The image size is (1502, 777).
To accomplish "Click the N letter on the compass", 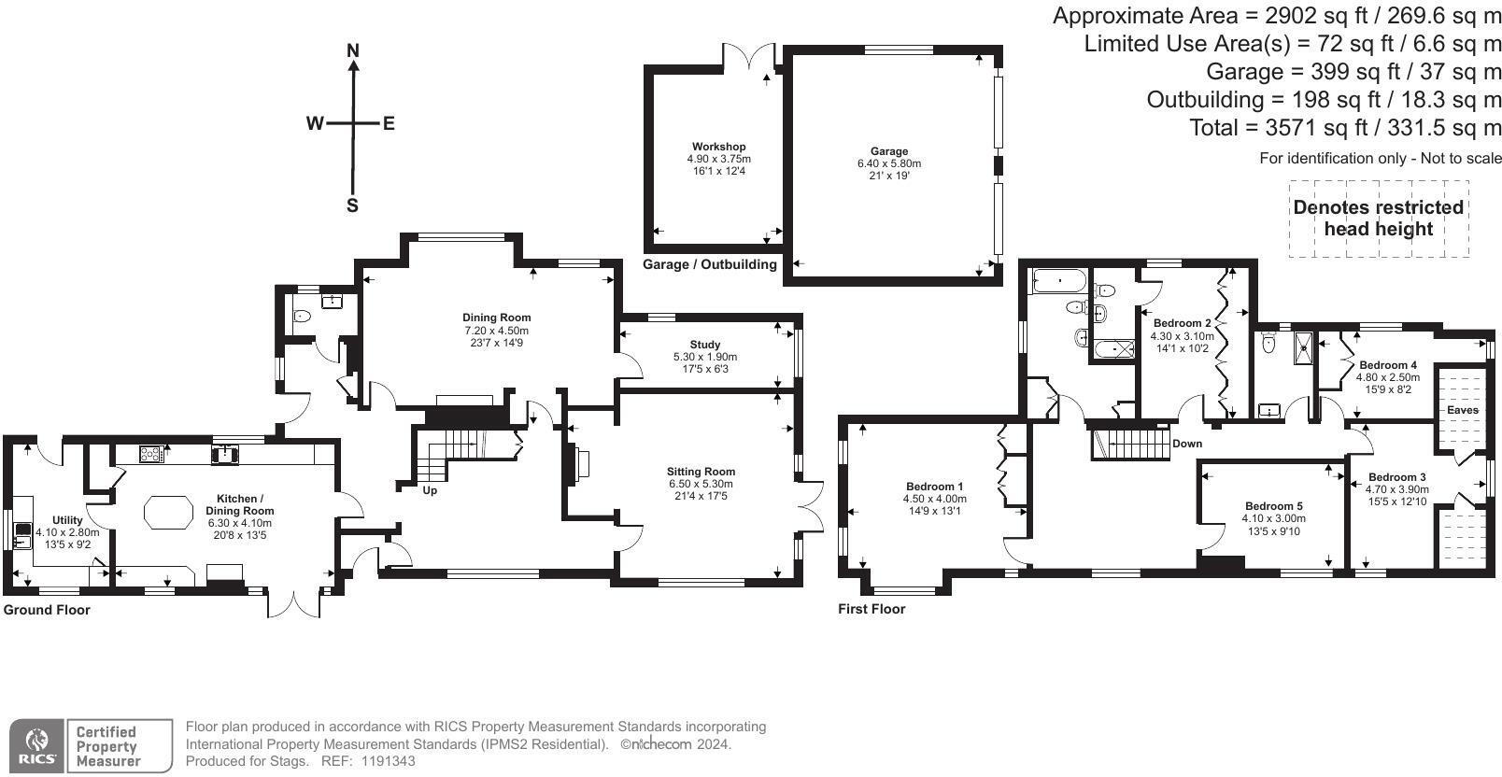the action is coord(353,50).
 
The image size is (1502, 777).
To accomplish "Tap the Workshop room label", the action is coord(719,147).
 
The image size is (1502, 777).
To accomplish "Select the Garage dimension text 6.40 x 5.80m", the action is coord(889,163).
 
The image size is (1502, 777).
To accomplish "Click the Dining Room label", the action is coord(496,318).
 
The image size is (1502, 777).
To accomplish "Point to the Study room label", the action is coord(704,345).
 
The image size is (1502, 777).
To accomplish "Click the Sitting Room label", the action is coord(701,472).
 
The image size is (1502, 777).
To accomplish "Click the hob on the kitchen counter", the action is coord(151,454).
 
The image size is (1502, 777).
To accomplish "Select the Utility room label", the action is coord(67,520).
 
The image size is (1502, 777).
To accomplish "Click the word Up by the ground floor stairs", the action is coord(430,490).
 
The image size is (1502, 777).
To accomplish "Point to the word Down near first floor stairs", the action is coord(1187,444).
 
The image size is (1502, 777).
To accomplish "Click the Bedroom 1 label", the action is coord(935,487).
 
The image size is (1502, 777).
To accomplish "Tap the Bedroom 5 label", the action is coord(1273,506).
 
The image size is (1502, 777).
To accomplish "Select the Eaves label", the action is coord(1463,410).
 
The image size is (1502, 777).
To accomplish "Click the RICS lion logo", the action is coord(36,745).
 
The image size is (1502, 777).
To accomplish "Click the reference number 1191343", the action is coord(389,761).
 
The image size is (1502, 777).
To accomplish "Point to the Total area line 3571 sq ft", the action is coord(1345,127).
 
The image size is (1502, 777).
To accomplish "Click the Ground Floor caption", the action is coord(47,610).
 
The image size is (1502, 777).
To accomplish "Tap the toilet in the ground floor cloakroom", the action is coord(302,316).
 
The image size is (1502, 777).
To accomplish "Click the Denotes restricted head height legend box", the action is coord(1379,219).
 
